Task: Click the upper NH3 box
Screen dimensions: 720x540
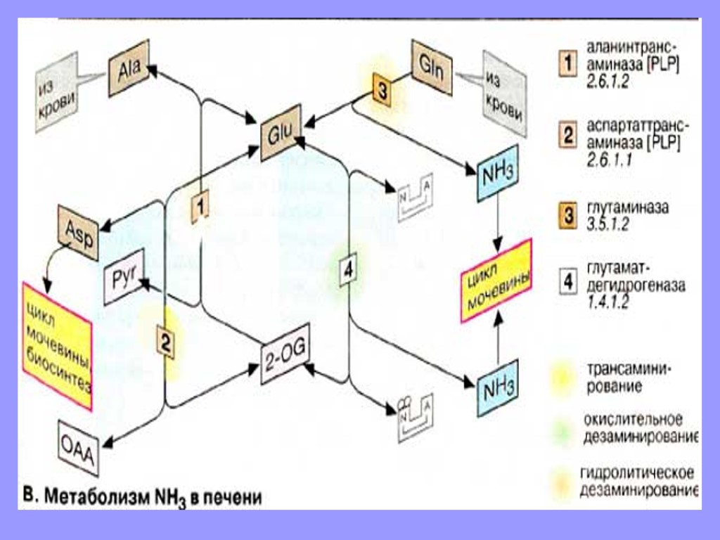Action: (x=498, y=173)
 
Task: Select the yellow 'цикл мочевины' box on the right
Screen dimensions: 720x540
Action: (x=497, y=280)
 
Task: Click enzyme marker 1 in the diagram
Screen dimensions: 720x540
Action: (x=201, y=207)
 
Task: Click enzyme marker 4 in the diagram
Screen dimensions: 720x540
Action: (x=349, y=269)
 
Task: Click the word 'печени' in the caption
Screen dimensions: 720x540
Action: (x=232, y=497)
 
